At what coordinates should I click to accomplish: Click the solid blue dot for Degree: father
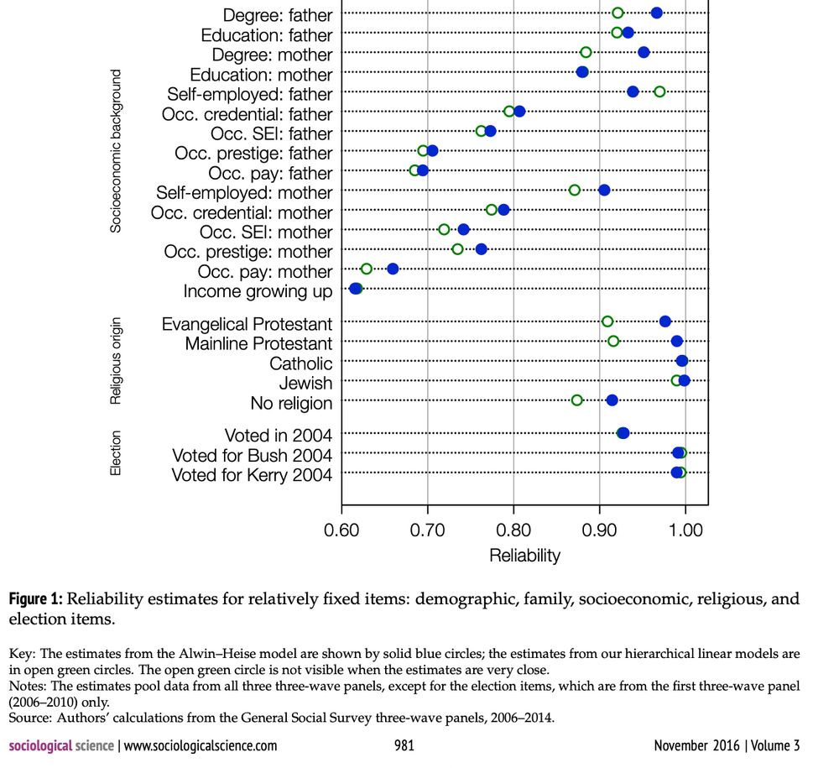pos(656,13)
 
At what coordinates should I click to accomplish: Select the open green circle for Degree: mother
pos(586,52)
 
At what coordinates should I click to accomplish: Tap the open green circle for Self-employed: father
pos(659,91)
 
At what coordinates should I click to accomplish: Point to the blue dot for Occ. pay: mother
pos(392,269)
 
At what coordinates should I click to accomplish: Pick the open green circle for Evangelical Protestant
pos(607,321)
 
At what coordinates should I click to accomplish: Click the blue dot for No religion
pos(612,400)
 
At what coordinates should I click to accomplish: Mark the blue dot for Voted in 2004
pos(623,433)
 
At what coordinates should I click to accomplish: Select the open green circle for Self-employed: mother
pos(574,191)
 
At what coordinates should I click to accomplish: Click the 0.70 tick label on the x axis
pos(428,530)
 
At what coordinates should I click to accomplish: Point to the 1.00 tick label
pos(685,530)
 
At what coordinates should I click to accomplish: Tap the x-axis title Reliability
pos(524,555)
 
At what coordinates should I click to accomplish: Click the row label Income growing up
pos(258,291)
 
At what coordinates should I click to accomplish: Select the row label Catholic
pos(300,363)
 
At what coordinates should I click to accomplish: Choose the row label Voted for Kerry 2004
pos(252,475)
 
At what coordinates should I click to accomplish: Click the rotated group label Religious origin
pos(117,361)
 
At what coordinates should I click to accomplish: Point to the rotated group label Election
pos(117,454)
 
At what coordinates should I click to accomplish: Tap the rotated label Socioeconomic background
pos(117,151)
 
